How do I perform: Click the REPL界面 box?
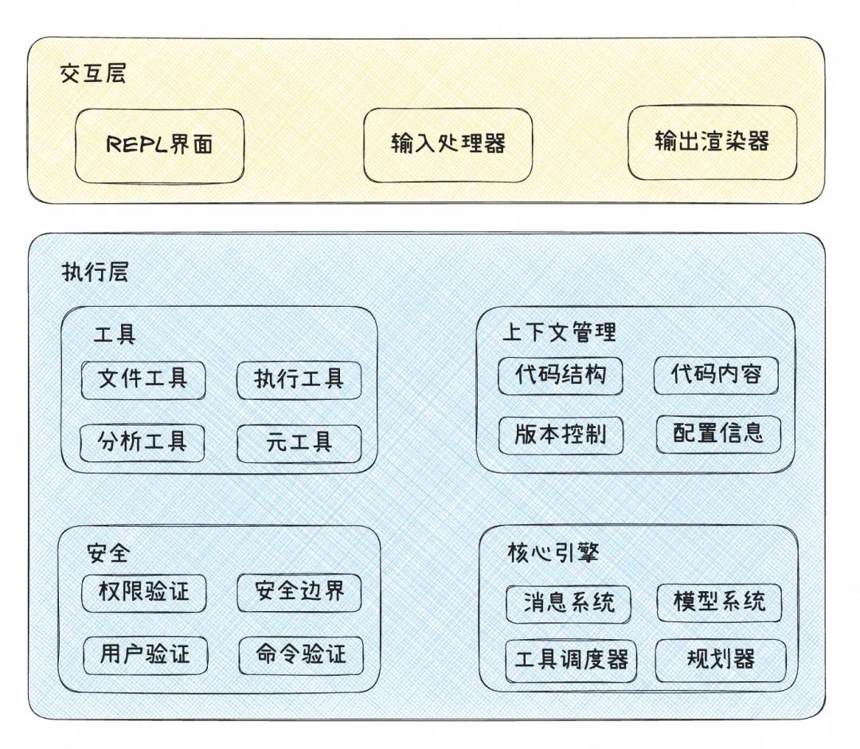click(x=159, y=145)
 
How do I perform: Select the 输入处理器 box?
click(x=448, y=143)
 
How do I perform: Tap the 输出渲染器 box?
click(x=712, y=142)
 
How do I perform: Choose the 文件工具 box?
click(x=143, y=379)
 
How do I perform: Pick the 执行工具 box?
click(x=299, y=379)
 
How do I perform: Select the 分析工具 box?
click(x=143, y=442)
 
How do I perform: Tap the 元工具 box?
click(x=299, y=443)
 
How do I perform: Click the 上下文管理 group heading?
click(x=559, y=332)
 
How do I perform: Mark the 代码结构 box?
click(x=561, y=375)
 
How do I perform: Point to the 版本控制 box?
click(x=561, y=434)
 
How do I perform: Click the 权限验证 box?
click(x=144, y=592)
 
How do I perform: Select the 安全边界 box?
click(x=299, y=592)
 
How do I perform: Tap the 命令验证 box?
click(x=302, y=655)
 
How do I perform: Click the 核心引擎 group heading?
click(x=553, y=552)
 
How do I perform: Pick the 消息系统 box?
click(x=569, y=603)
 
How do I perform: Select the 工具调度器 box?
click(x=571, y=661)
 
